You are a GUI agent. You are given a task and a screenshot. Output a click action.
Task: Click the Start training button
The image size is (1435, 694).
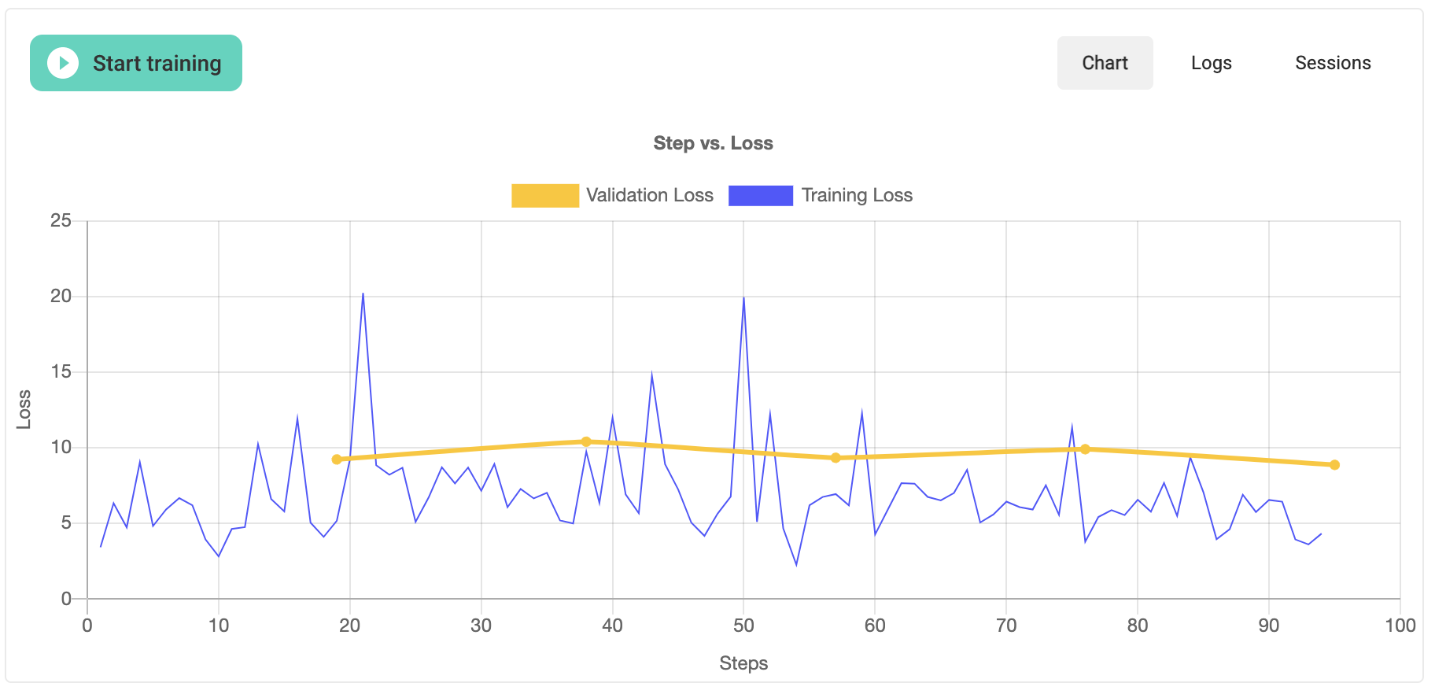[136, 63]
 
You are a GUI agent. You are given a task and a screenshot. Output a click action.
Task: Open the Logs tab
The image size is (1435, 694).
[1211, 63]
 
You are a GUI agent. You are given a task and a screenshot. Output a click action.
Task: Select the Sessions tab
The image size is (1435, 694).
[1333, 63]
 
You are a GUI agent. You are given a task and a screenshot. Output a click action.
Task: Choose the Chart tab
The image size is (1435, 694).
[1105, 63]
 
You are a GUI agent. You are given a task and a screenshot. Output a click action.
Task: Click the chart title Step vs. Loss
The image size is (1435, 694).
[713, 143]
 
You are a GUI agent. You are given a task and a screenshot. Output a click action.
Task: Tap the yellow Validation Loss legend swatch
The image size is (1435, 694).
[544, 195]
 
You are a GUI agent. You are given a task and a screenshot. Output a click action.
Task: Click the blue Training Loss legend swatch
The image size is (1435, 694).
[760, 195]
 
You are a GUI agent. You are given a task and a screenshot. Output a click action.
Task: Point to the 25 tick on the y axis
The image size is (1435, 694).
[61, 221]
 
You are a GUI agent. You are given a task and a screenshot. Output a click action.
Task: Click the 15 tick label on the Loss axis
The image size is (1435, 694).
[61, 371]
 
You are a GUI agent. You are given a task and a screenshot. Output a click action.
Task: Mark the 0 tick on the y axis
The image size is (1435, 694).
[66, 599]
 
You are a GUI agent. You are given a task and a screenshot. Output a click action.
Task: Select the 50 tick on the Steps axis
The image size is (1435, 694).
[743, 626]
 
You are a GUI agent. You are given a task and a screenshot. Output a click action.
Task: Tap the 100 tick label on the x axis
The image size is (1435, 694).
[1400, 626]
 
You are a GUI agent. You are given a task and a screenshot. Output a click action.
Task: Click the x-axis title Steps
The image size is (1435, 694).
[743, 663]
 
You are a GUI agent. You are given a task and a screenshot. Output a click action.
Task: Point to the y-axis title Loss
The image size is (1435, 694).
[24, 409]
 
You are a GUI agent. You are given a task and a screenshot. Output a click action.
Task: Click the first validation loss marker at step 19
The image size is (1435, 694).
[337, 460]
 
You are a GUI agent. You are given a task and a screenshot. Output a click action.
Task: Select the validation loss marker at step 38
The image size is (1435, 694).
[586, 441]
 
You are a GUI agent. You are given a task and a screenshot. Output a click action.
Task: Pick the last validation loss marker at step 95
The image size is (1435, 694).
[1334, 465]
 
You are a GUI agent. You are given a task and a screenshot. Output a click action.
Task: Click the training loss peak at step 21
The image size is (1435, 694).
[363, 293]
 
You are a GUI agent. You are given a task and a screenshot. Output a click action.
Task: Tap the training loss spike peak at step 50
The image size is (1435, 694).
[743, 297]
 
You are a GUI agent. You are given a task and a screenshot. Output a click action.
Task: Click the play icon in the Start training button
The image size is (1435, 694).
[63, 63]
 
